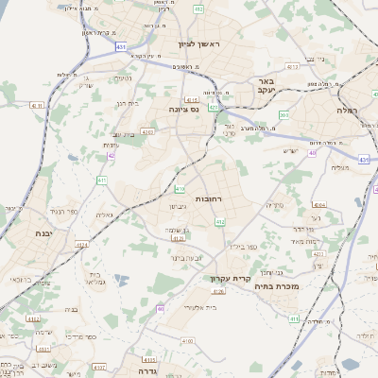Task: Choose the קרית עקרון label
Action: [229, 279]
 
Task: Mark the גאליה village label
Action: [105, 215]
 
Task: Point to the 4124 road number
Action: [82, 245]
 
